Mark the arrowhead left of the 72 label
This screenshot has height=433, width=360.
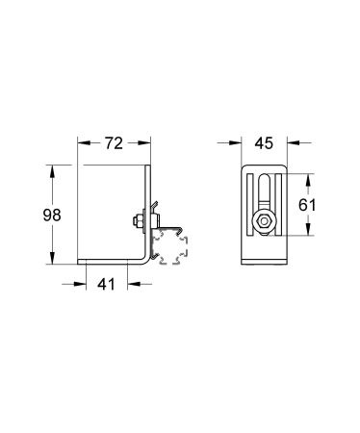pos(84,145)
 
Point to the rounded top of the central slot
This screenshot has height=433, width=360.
pos(260,177)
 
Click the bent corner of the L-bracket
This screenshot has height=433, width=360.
pos(146,261)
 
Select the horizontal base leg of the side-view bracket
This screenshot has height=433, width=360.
pos(111,263)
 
